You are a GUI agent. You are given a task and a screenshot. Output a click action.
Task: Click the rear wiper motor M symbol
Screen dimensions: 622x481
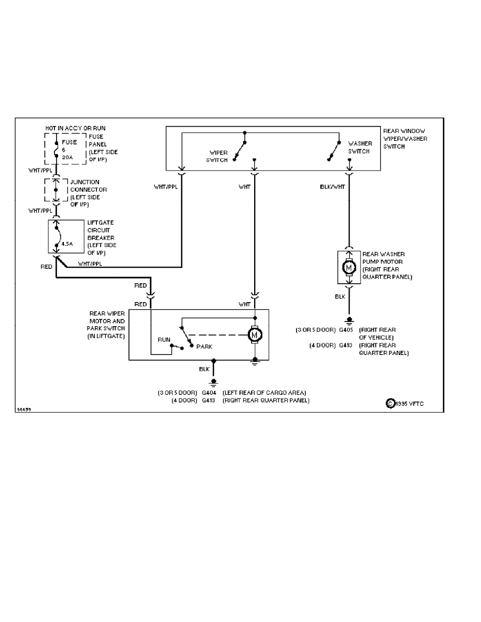click(x=255, y=333)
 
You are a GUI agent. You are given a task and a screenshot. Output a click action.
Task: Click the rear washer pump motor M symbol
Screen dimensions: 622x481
click(x=349, y=268)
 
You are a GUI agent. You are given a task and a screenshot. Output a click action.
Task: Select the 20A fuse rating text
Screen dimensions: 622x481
click(x=67, y=157)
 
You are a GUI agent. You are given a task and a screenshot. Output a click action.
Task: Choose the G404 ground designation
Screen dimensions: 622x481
click(x=209, y=393)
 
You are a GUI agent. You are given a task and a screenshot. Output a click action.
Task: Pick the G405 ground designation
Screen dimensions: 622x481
click(x=346, y=330)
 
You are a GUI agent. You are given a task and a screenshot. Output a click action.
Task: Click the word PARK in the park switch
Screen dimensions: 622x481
click(x=204, y=347)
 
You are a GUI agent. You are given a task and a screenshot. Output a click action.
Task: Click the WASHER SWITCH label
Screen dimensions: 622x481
click(x=360, y=147)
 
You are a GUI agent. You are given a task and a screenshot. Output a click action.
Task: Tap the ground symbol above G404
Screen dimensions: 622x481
click(x=213, y=382)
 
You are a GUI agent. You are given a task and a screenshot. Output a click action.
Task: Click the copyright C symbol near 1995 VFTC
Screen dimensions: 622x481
click(x=390, y=403)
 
